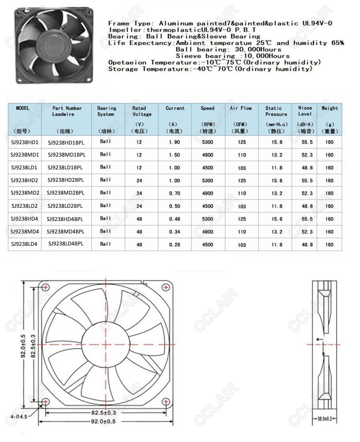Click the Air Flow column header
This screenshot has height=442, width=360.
point(241,108)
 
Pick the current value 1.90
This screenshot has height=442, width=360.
point(175,142)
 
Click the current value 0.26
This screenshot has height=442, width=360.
point(175,245)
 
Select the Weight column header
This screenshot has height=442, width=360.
point(330,108)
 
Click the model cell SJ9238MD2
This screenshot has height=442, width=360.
point(25,193)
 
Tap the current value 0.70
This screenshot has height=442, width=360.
point(175,193)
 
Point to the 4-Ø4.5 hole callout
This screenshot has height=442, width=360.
point(20,416)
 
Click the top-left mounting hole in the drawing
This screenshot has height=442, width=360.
point(46,286)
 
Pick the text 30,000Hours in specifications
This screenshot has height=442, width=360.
point(260,49)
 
